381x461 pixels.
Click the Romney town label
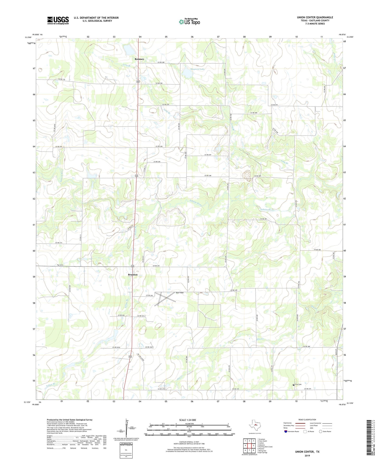pos(139,59)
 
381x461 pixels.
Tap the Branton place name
pos(133,275)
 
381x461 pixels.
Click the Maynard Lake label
pos(197,69)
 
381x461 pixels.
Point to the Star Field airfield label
pos(180,293)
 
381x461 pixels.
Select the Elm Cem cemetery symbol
pos(294,385)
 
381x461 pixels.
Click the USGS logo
pos(58,20)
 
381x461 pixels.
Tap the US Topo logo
pos(189,22)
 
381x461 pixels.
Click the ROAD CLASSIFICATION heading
pos(307,420)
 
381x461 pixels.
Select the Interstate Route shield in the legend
pos(286,431)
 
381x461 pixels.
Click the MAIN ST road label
pos(340,352)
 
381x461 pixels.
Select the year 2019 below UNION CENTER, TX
pos(307,455)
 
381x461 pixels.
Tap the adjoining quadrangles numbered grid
pos(249,445)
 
